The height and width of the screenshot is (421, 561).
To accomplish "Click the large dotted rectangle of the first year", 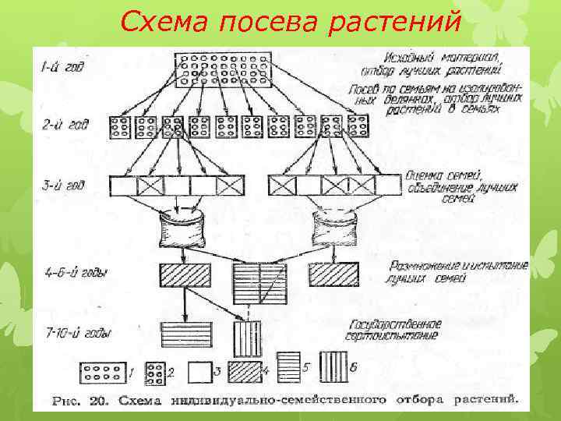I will coord(223,70).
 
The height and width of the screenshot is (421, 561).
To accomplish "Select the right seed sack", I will coord(336,227).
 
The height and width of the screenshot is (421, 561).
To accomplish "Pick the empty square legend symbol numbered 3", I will coord(199,372).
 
